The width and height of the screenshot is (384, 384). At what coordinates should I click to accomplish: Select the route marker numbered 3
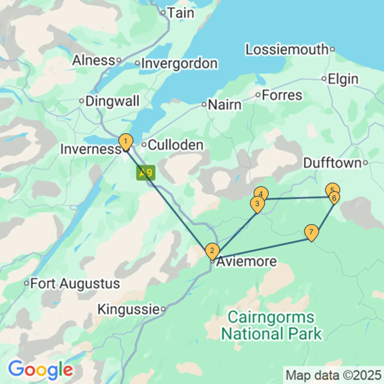[257, 204]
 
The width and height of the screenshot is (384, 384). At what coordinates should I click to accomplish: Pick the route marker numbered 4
[261, 194]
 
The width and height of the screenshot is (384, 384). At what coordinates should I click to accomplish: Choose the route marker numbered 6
[334, 197]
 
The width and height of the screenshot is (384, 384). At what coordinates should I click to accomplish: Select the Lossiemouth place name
[287, 49]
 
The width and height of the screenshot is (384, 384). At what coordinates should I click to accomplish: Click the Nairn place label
[224, 105]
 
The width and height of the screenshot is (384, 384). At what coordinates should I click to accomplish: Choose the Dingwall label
[112, 101]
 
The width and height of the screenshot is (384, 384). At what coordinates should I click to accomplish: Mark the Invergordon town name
[179, 64]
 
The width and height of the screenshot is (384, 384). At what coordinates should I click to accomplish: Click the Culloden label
[175, 145]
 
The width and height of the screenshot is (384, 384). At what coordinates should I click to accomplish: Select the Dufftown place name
[332, 163]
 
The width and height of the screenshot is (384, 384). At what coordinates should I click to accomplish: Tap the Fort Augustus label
[75, 284]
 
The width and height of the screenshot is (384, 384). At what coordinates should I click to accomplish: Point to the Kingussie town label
[128, 309]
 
